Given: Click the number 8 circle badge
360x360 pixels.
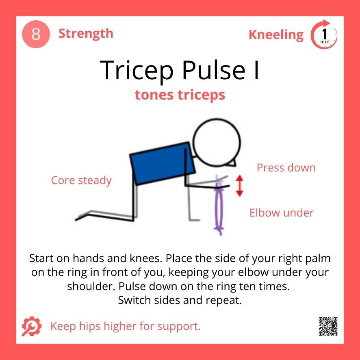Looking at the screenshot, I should [x=36, y=34].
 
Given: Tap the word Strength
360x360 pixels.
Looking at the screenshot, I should [x=86, y=33].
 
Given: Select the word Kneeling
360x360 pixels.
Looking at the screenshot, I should [x=276, y=35].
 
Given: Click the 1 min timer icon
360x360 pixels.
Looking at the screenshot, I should [x=324, y=35].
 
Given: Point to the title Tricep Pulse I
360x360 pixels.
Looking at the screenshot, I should [x=180, y=69].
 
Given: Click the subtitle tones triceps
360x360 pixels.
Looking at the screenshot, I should [x=180, y=94].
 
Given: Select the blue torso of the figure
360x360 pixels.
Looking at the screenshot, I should [x=161, y=163].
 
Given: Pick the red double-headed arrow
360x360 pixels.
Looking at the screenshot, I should [x=240, y=186].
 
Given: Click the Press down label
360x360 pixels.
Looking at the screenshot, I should [x=286, y=168].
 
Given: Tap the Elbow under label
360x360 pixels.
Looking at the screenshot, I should [x=282, y=213].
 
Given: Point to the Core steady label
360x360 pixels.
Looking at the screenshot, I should [x=81, y=180].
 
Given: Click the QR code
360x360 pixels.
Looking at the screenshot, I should [x=328, y=326].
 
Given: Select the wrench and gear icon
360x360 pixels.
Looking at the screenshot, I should [x=31, y=325].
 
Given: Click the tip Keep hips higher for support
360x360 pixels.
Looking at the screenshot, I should [x=125, y=326].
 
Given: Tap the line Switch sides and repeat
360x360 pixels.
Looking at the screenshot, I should [x=180, y=301].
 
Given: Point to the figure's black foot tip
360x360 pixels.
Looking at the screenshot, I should [x=77, y=219].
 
